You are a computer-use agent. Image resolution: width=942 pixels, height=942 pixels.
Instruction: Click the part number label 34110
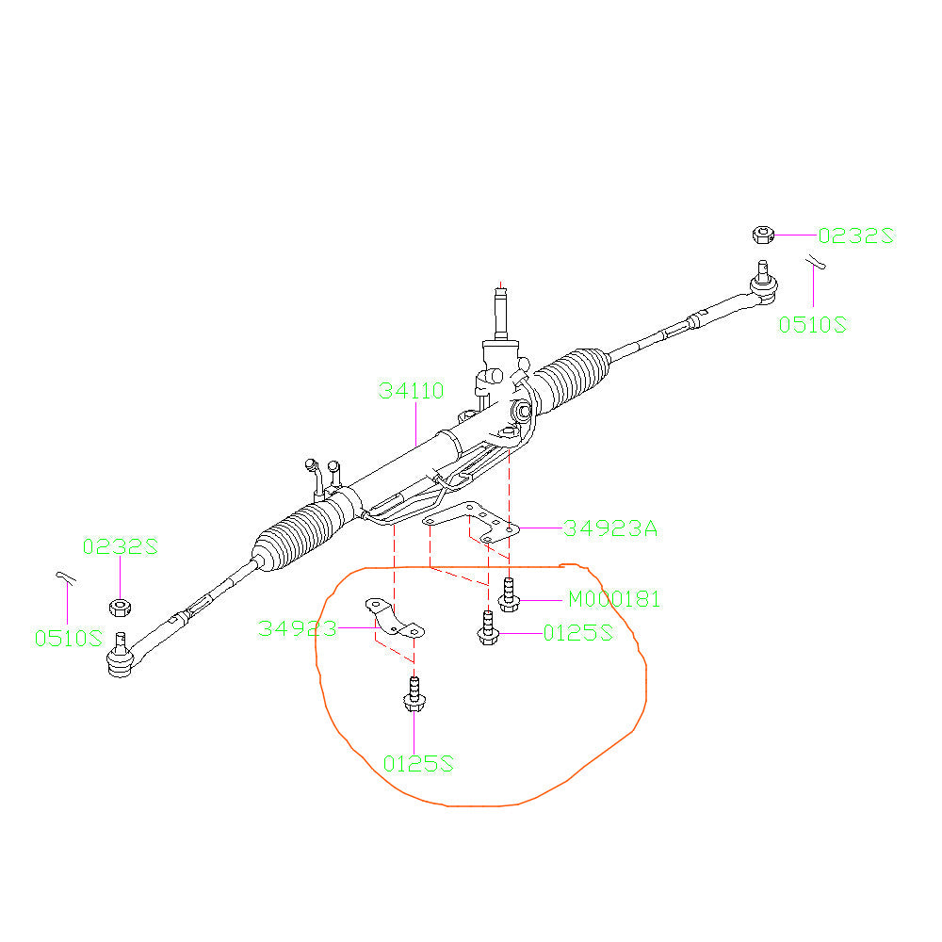tap(411, 391)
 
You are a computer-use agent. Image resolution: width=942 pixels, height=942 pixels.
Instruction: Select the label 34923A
tap(610, 528)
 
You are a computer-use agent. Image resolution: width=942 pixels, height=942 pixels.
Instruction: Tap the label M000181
tap(613, 599)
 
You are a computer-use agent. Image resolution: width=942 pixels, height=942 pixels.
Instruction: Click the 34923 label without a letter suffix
tap(298, 629)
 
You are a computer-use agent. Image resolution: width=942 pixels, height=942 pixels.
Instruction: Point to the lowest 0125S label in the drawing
tap(418, 763)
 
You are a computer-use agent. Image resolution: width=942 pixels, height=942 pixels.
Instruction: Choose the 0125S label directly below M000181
tap(577, 634)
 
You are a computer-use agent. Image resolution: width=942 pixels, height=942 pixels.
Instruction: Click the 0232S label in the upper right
tap(854, 235)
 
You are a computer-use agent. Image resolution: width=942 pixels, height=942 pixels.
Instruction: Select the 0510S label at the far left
tap(68, 638)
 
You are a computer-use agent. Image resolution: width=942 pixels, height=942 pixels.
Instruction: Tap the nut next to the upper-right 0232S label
tap(763, 235)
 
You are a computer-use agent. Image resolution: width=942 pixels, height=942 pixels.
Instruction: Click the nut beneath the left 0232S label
tap(120, 605)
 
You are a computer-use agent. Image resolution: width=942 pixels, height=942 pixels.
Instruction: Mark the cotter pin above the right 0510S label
tap(816, 263)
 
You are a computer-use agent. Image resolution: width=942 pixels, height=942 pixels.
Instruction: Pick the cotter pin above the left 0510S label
tap(64, 577)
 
